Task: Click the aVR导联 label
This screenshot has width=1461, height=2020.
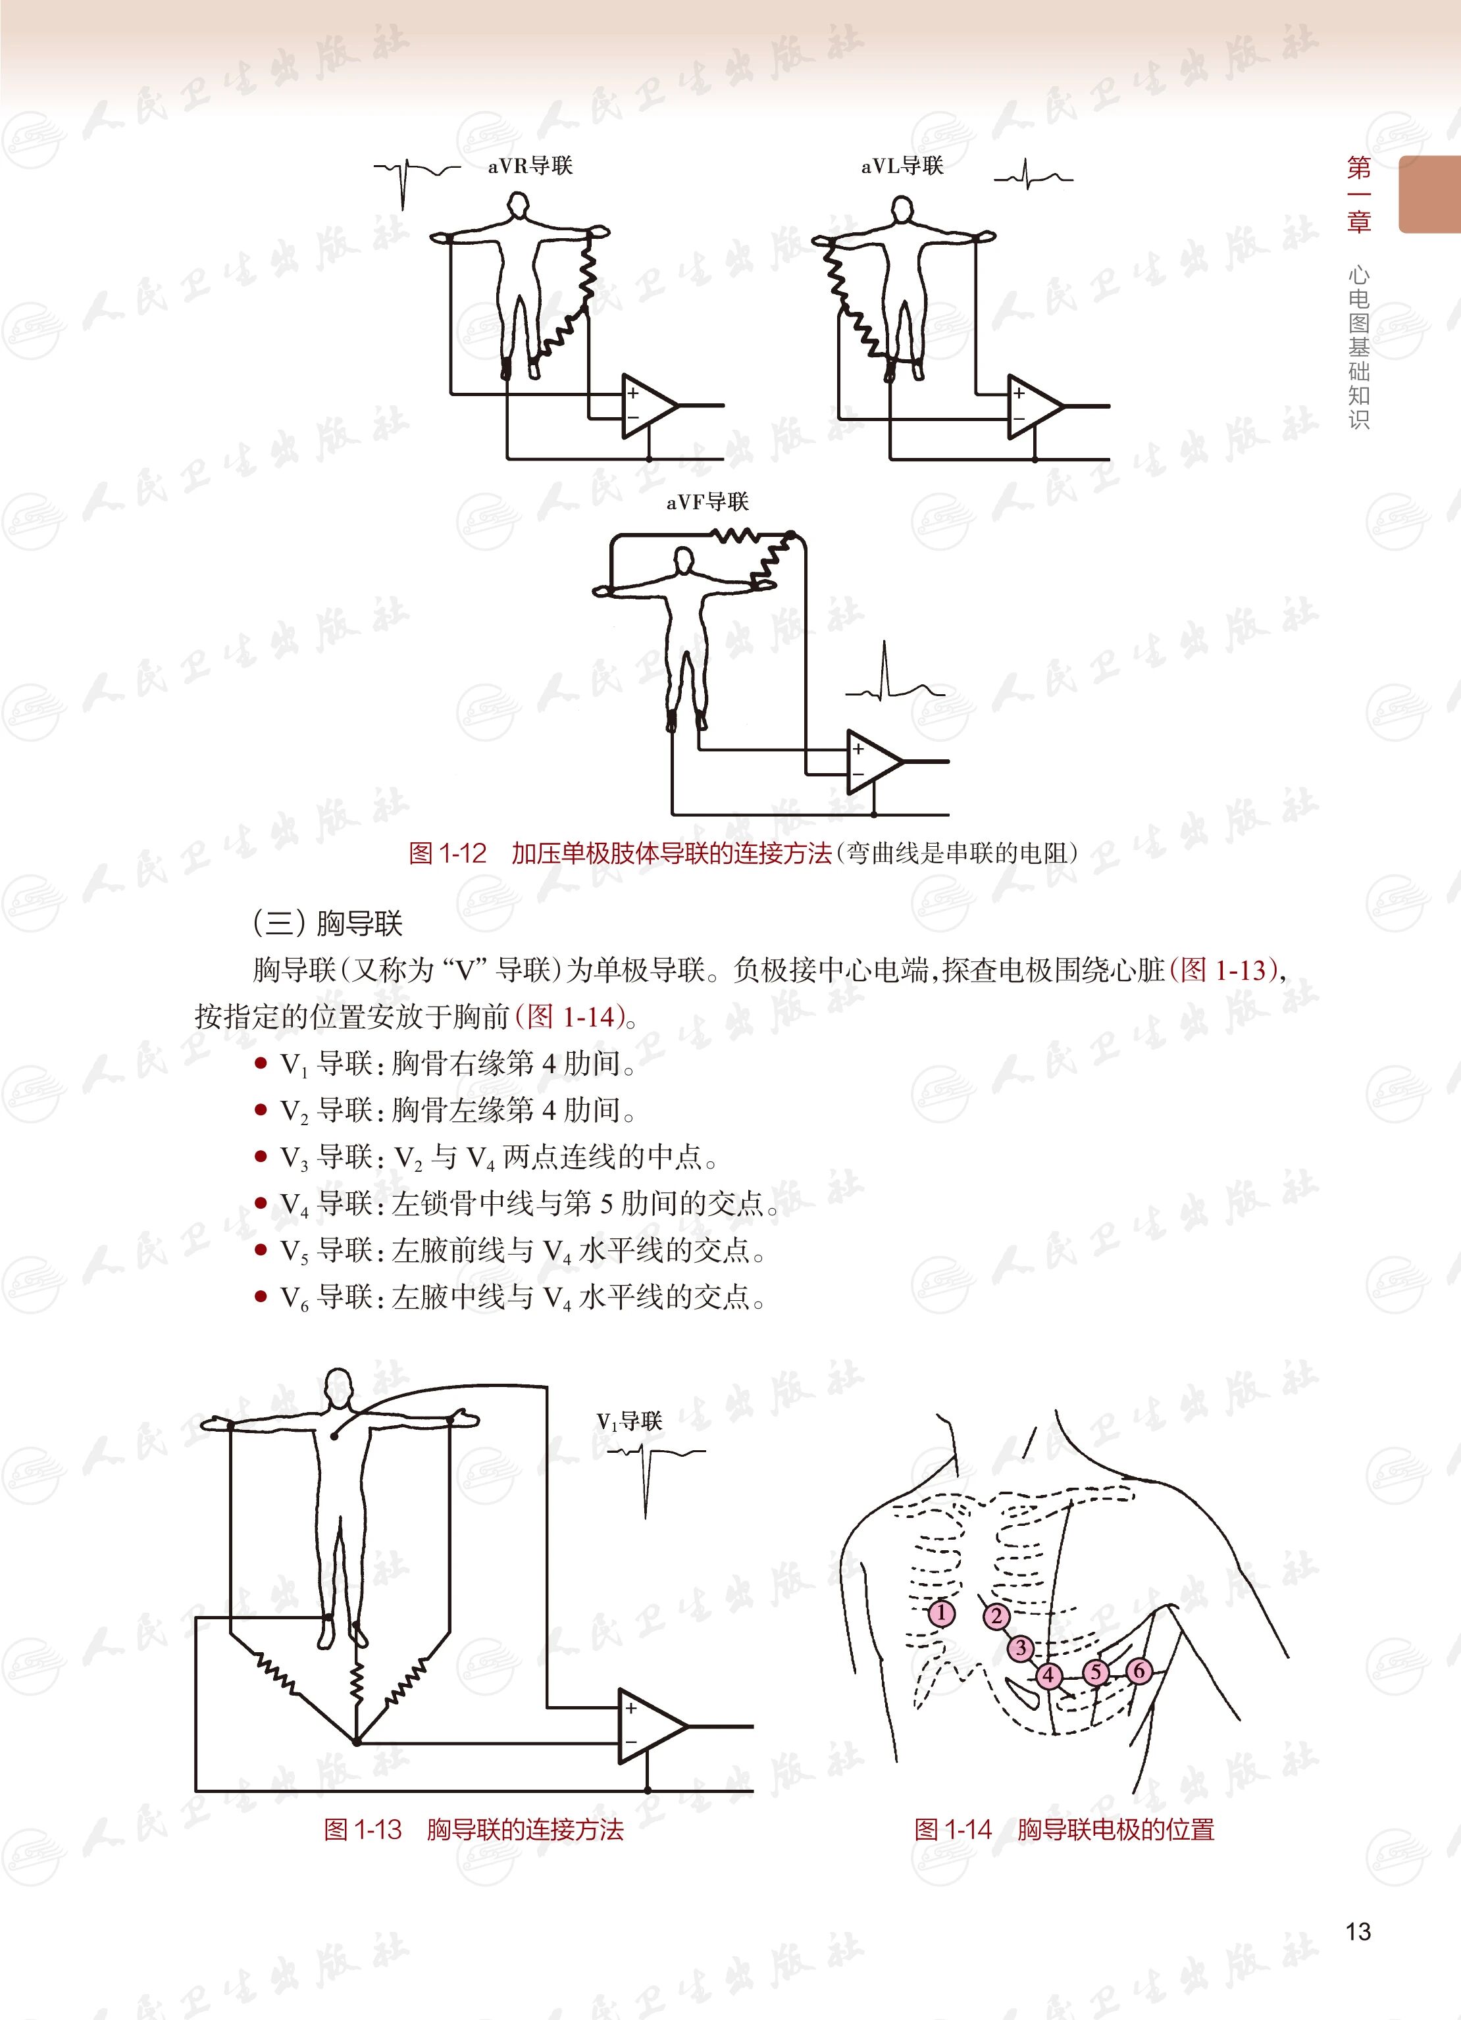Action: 530,166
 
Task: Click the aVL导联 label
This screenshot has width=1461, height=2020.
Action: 902,166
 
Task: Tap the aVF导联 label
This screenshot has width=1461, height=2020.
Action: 707,502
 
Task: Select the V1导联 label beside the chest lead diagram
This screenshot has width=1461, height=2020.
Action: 629,1421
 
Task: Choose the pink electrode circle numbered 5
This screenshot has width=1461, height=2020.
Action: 1096,1673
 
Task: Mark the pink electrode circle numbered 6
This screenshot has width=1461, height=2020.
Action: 1138,1670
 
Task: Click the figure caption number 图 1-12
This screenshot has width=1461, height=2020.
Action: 448,853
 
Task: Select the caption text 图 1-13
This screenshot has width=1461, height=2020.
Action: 363,1829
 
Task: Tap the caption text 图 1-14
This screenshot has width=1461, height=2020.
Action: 952,1829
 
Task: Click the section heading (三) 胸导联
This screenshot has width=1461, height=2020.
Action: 328,922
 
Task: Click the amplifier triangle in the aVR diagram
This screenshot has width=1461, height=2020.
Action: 648,406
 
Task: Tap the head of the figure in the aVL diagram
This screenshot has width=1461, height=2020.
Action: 902,210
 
